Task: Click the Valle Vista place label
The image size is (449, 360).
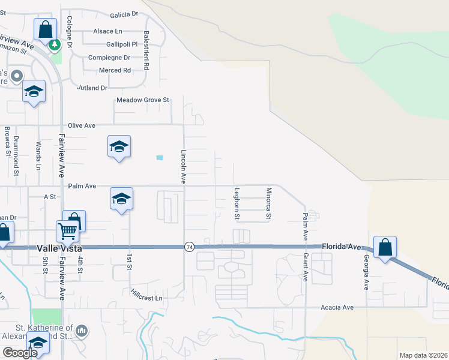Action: click(x=59, y=248)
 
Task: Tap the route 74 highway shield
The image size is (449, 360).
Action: click(x=189, y=247)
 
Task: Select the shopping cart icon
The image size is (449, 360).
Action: click(x=67, y=230)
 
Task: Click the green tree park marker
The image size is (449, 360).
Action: click(x=55, y=44)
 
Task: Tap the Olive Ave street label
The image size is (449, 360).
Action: click(x=82, y=125)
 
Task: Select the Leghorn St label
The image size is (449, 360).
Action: click(x=237, y=203)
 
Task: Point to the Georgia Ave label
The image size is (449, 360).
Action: click(x=366, y=272)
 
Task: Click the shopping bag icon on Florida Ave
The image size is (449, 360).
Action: click(x=385, y=246)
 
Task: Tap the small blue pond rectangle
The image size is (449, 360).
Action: click(x=159, y=158)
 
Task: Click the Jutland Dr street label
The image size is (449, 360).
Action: click(x=92, y=88)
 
